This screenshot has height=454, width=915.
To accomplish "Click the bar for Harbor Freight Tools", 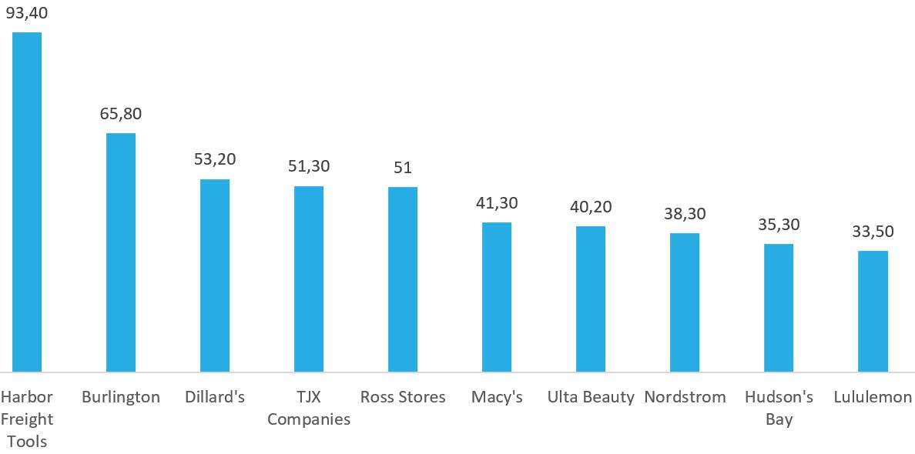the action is [x=27, y=202].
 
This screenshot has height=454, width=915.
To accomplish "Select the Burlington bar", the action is [x=121, y=252].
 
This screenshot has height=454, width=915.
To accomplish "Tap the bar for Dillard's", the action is [x=215, y=275].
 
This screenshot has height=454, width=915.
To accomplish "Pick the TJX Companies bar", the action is [x=309, y=279].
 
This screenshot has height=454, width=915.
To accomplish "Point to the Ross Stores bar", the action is [x=403, y=279].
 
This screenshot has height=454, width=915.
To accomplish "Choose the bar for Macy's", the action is [x=497, y=297].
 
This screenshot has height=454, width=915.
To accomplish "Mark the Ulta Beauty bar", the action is [x=591, y=299].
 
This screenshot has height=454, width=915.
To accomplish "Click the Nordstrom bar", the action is [x=685, y=302].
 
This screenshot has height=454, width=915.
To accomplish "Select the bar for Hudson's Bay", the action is [x=779, y=308].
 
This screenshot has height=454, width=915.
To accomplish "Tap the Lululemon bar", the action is [x=873, y=311].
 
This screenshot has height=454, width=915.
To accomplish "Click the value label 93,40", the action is [x=27, y=12].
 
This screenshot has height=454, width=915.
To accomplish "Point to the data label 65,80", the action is [x=121, y=113].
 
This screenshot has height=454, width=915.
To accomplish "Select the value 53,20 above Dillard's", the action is [x=215, y=159].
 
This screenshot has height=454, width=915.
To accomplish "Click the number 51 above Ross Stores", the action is [x=403, y=167].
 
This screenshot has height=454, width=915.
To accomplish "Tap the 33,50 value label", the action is [x=873, y=231].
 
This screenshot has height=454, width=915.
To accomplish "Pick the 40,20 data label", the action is [x=591, y=206].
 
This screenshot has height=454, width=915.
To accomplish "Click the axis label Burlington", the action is [x=121, y=398].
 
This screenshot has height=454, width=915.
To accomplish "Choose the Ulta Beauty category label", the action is [x=591, y=398].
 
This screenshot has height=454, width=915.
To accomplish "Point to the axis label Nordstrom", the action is [x=685, y=398].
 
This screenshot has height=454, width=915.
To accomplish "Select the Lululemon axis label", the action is [x=873, y=398].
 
